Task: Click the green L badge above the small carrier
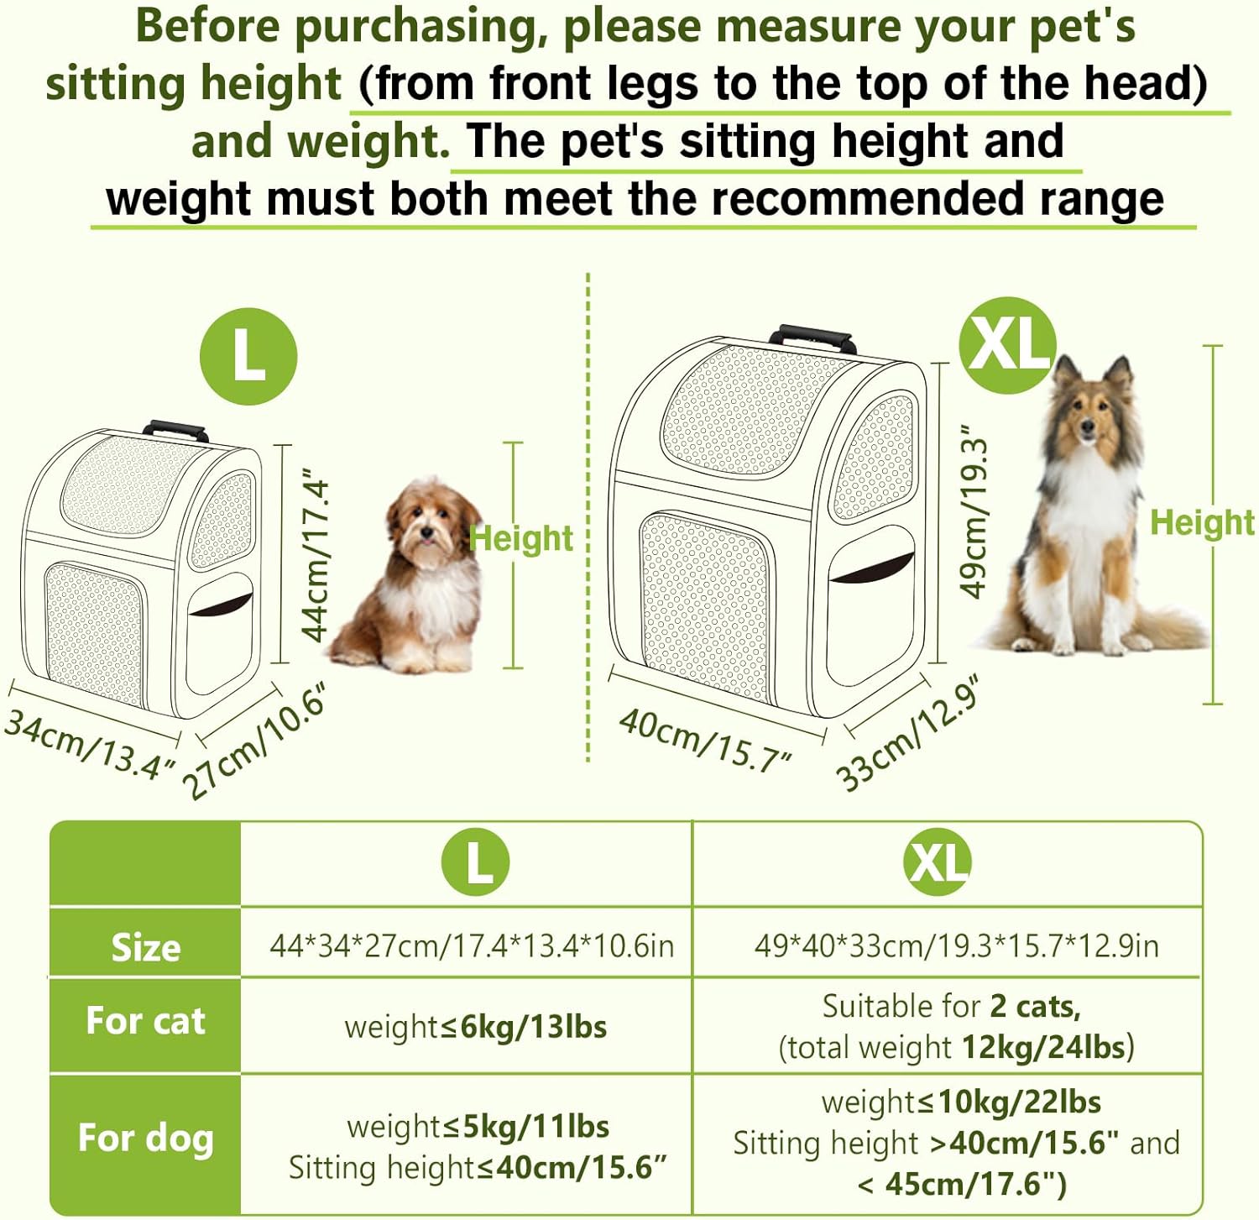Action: pos(248,356)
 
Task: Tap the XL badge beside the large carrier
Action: pos(1007,344)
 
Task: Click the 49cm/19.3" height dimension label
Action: pos(974,512)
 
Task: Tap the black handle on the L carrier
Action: pos(175,431)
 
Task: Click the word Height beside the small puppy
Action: pos(521,538)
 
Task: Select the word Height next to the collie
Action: pos(1202,522)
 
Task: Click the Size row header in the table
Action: pos(145,946)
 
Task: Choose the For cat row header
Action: pos(145,1021)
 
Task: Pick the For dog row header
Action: pos(145,1138)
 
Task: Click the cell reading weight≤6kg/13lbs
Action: pos(475,1026)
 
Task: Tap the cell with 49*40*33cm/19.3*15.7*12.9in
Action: pos(956,945)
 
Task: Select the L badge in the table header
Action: pos(476,861)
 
